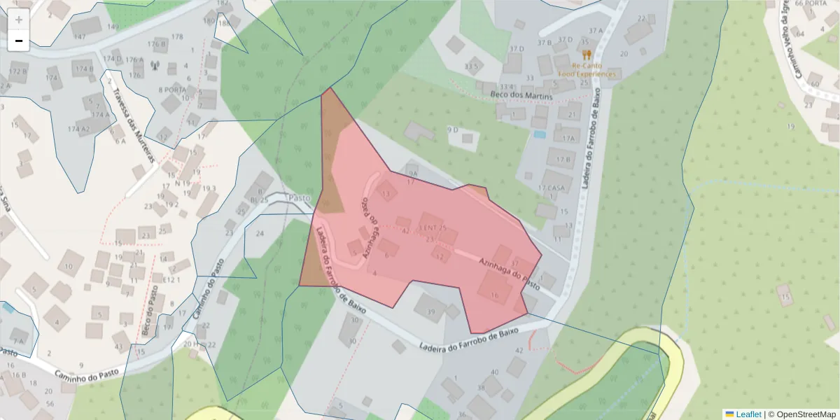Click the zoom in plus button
19,20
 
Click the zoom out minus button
19,41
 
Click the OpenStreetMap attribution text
804,414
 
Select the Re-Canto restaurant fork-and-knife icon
587,53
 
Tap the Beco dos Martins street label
521,96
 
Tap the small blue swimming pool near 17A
539,134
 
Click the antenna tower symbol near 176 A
155,67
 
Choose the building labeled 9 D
452,129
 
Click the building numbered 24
260,233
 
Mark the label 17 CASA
552,188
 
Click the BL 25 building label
260,200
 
